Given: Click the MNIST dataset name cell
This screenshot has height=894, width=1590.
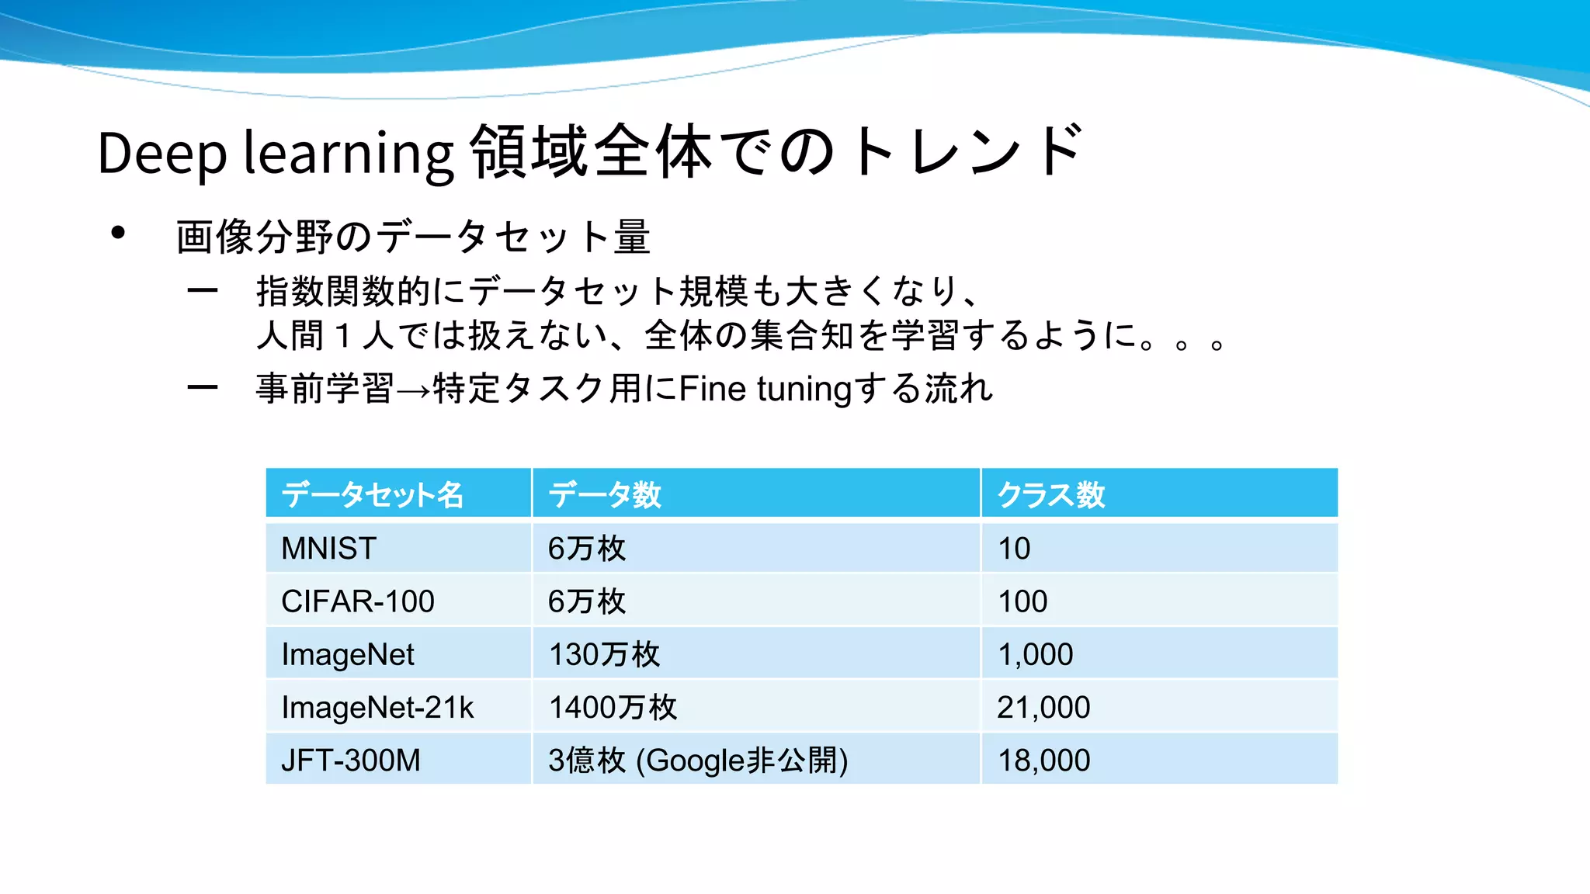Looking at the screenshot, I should pos(329,549).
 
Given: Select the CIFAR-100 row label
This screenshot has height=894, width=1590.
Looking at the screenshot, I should pos(358,601).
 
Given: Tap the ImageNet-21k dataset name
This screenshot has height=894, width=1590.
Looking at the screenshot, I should pos(377,708).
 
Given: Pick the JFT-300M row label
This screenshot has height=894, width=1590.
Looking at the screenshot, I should pos(351,761).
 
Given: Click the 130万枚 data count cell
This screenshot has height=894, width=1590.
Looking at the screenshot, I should pos(604,655).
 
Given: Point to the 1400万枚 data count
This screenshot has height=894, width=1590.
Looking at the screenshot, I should pos(613,708).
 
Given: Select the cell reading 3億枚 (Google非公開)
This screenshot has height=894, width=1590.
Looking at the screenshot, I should pos(698,761).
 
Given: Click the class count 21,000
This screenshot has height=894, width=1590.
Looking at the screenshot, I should pos(1043,708).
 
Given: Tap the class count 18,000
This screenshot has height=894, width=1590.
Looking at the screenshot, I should pos(1043,761).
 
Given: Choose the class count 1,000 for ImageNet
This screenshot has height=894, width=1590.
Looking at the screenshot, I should pos(1036,655).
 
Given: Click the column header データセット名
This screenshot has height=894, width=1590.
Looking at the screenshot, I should pos(373,494).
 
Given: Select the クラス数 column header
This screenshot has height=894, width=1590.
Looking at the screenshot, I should pos(1051,494).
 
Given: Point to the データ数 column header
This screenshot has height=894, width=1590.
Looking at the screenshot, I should pos(605,494).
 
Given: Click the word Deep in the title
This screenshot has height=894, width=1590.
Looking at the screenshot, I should pos(162,153).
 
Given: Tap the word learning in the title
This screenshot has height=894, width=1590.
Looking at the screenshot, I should pos(349,153).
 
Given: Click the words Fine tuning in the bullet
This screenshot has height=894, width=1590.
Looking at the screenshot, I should pos(765,389).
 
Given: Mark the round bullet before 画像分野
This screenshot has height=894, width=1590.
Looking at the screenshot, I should pos(118,233).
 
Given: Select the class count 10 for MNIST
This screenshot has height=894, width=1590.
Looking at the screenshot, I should pos(1014,549).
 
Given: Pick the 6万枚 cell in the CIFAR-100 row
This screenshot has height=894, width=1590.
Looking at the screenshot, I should pos(586,601).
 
